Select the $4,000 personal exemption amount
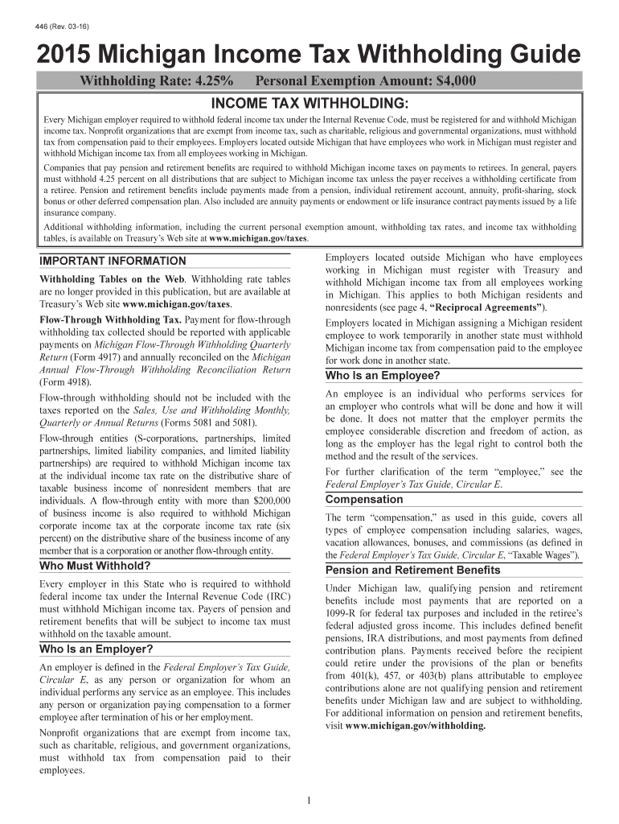point(452,81)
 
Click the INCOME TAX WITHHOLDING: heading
point(309,103)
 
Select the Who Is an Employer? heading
point(96,649)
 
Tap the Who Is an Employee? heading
point(382,376)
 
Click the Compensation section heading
point(364,500)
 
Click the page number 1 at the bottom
point(309,800)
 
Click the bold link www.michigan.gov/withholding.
point(416,725)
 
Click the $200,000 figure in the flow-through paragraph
point(272,501)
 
